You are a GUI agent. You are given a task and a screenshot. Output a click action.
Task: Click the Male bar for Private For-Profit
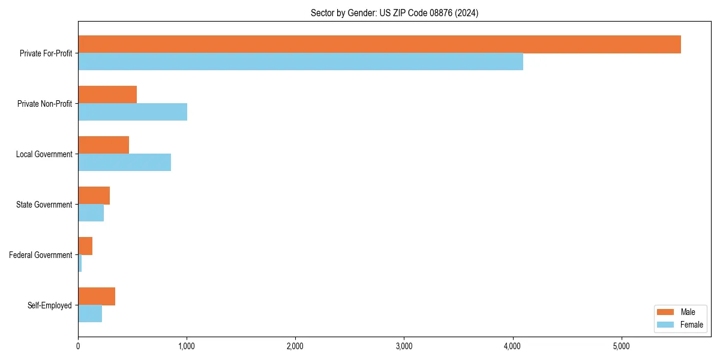pyautogui.click(x=379, y=44)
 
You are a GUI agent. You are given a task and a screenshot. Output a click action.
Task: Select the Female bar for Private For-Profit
pyautogui.click(x=300, y=62)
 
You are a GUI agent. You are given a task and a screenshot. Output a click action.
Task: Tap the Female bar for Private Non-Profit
pyautogui.click(x=133, y=112)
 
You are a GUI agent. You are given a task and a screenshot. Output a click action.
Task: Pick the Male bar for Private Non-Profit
pyautogui.click(x=107, y=95)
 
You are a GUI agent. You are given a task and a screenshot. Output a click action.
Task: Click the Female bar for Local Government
pyautogui.click(x=124, y=163)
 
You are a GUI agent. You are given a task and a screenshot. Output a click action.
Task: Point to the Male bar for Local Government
pyautogui.click(x=103, y=145)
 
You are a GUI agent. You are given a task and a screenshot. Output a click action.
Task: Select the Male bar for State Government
pyautogui.click(x=94, y=196)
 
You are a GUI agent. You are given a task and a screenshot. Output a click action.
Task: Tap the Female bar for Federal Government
pyautogui.click(x=80, y=263)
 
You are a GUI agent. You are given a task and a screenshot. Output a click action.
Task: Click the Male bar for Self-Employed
pyautogui.click(x=97, y=296)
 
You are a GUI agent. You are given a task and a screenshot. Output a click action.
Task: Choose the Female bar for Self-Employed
pyautogui.click(x=90, y=314)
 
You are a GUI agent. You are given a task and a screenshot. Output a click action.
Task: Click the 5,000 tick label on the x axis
pyautogui.click(x=621, y=346)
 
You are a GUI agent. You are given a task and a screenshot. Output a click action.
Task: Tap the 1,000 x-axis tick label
pyautogui.click(x=187, y=346)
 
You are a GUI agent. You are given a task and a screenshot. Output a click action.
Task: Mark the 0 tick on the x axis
pyautogui.click(x=78, y=346)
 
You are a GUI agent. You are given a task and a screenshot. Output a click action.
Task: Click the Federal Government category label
pyautogui.click(x=40, y=255)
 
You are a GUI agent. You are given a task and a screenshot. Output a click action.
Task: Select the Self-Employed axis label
pyautogui.click(x=49, y=305)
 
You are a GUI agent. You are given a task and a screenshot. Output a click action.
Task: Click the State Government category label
pyautogui.click(x=44, y=205)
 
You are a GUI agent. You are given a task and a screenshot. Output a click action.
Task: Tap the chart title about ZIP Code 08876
pyautogui.click(x=394, y=13)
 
